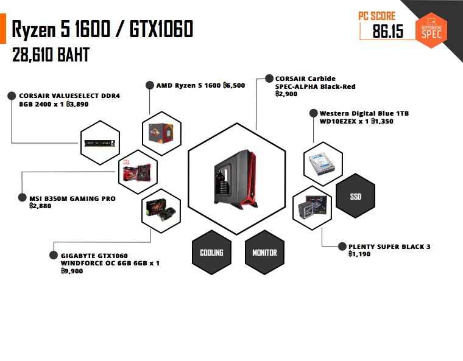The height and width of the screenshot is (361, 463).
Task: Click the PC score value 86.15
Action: click(388, 31)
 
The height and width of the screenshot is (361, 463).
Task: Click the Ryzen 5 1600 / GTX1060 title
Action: click(102, 29)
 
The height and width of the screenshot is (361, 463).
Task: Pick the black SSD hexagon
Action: click(355, 197)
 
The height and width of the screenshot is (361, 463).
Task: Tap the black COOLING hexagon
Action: click(211, 252)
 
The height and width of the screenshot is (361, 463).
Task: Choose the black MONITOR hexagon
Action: click(264, 252)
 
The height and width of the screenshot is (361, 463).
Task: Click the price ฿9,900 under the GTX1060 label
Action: click(72, 271)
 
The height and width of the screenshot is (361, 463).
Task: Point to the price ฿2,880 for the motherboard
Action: click(40, 206)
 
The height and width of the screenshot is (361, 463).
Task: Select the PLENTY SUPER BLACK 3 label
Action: click(389, 247)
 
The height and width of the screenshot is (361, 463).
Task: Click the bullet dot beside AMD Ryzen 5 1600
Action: click(149, 85)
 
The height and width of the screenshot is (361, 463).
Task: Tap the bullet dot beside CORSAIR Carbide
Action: click(268, 79)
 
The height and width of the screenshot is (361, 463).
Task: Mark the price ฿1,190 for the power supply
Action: click(359, 254)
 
